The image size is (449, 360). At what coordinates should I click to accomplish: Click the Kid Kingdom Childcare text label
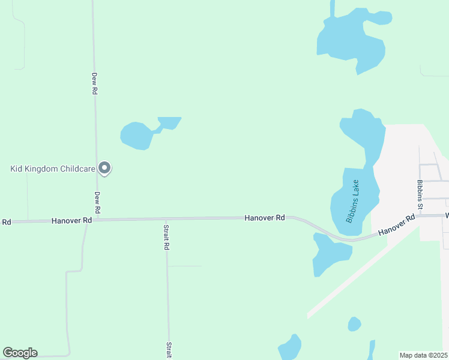click(x=53, y=169)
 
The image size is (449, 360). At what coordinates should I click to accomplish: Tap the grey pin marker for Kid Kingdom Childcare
click(x=104, y=168)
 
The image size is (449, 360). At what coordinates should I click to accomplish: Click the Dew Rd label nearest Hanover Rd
click(x=97, y=203)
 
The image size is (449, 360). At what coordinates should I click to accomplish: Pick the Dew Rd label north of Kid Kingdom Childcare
click(x=94, y=83)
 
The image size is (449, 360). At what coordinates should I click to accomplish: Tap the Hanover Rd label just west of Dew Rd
click(x=71, y=221)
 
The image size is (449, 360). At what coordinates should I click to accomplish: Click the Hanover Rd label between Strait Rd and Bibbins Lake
click(x=264, y=218)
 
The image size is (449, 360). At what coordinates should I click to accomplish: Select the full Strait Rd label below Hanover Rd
click(x=166, y=237)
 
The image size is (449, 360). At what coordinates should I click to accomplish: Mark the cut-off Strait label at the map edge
click(x=169, y=350)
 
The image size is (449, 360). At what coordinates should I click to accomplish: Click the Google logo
click(x=20, y=353)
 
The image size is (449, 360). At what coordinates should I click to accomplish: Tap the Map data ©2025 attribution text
click(x=423, y=355)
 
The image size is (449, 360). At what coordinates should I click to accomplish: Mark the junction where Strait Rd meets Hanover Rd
click(x=166, y=219)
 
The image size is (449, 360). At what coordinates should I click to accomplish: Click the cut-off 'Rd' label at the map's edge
click(x=6, y=222)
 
